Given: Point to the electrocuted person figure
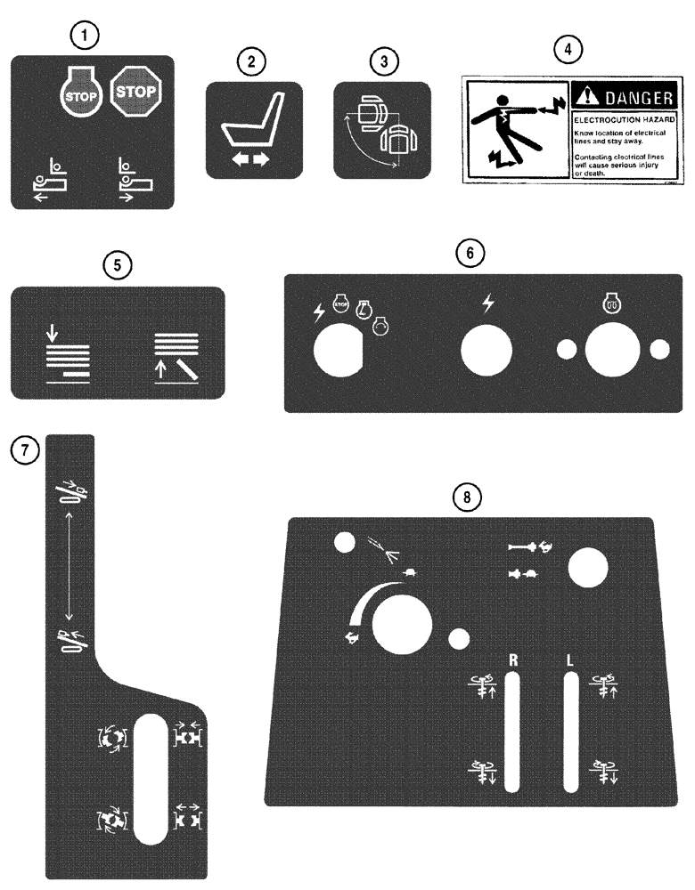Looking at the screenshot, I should tap(513, 126).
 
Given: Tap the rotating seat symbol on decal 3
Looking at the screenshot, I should tap(381, 130).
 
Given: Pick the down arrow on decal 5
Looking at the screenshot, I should tap(53, 334).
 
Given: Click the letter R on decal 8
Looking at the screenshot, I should tap(512, 660).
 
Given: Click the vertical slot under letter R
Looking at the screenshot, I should tap(512, 732).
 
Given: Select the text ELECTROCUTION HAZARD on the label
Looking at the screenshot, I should tap(619, 117).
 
